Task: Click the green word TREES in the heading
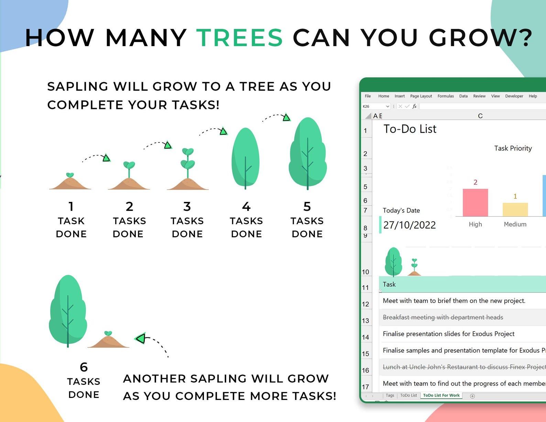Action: click(x=239, y=38)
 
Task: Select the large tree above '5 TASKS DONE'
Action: click(x=307, y=153)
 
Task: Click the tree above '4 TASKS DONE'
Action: click(x=245, y=158)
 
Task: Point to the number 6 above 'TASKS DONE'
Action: click(x=84, y=367)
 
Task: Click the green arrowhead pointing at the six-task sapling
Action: click(x=141, y=338)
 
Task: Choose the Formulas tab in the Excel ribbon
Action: click(x=446, y=96)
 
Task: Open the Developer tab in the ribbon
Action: click(x=514, y=96)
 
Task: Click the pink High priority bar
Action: click(x=476, y=202)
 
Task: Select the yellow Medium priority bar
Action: click(x=515, y=209)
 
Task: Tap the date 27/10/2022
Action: click(x=409, y=225)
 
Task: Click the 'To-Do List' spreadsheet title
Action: click(x=410, y=129)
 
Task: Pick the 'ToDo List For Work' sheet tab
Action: click(x=441, y=396)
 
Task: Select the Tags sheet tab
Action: click(x=390, y=396)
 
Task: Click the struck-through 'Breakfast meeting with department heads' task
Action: click(x=443, y=317)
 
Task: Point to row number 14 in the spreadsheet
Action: click(x=365, y=337)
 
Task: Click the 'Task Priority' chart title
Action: click(x=513, y=148)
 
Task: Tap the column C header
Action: click(x=480, y=116)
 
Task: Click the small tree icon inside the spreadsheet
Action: click(x=393, y=262)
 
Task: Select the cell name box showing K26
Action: click(x=376, y=106)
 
